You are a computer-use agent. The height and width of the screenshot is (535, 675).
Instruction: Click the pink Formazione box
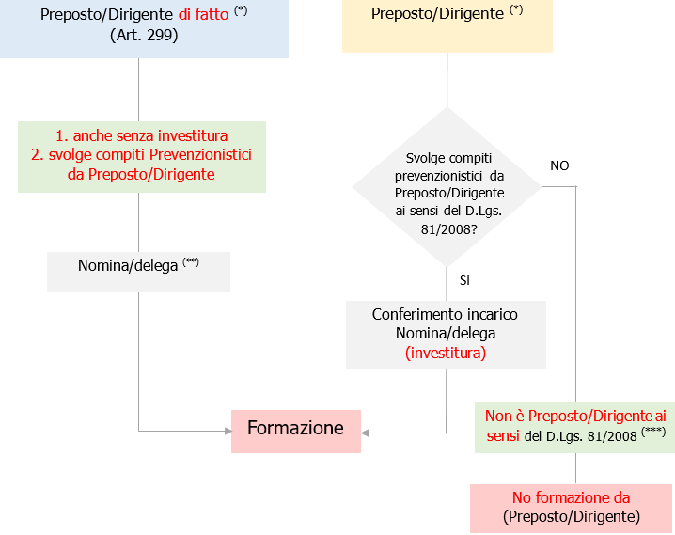296,431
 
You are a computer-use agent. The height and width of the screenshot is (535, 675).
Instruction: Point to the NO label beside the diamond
559,165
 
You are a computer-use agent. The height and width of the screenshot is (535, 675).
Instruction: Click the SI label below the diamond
464,280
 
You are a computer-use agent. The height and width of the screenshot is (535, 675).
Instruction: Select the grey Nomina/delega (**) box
138,266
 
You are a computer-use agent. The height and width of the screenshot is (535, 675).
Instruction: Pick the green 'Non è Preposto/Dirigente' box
574,425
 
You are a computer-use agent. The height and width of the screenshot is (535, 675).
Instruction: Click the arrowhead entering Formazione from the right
366,433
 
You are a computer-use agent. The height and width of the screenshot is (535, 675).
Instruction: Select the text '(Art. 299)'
144,36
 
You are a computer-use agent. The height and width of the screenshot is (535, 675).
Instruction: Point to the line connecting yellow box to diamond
447,79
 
